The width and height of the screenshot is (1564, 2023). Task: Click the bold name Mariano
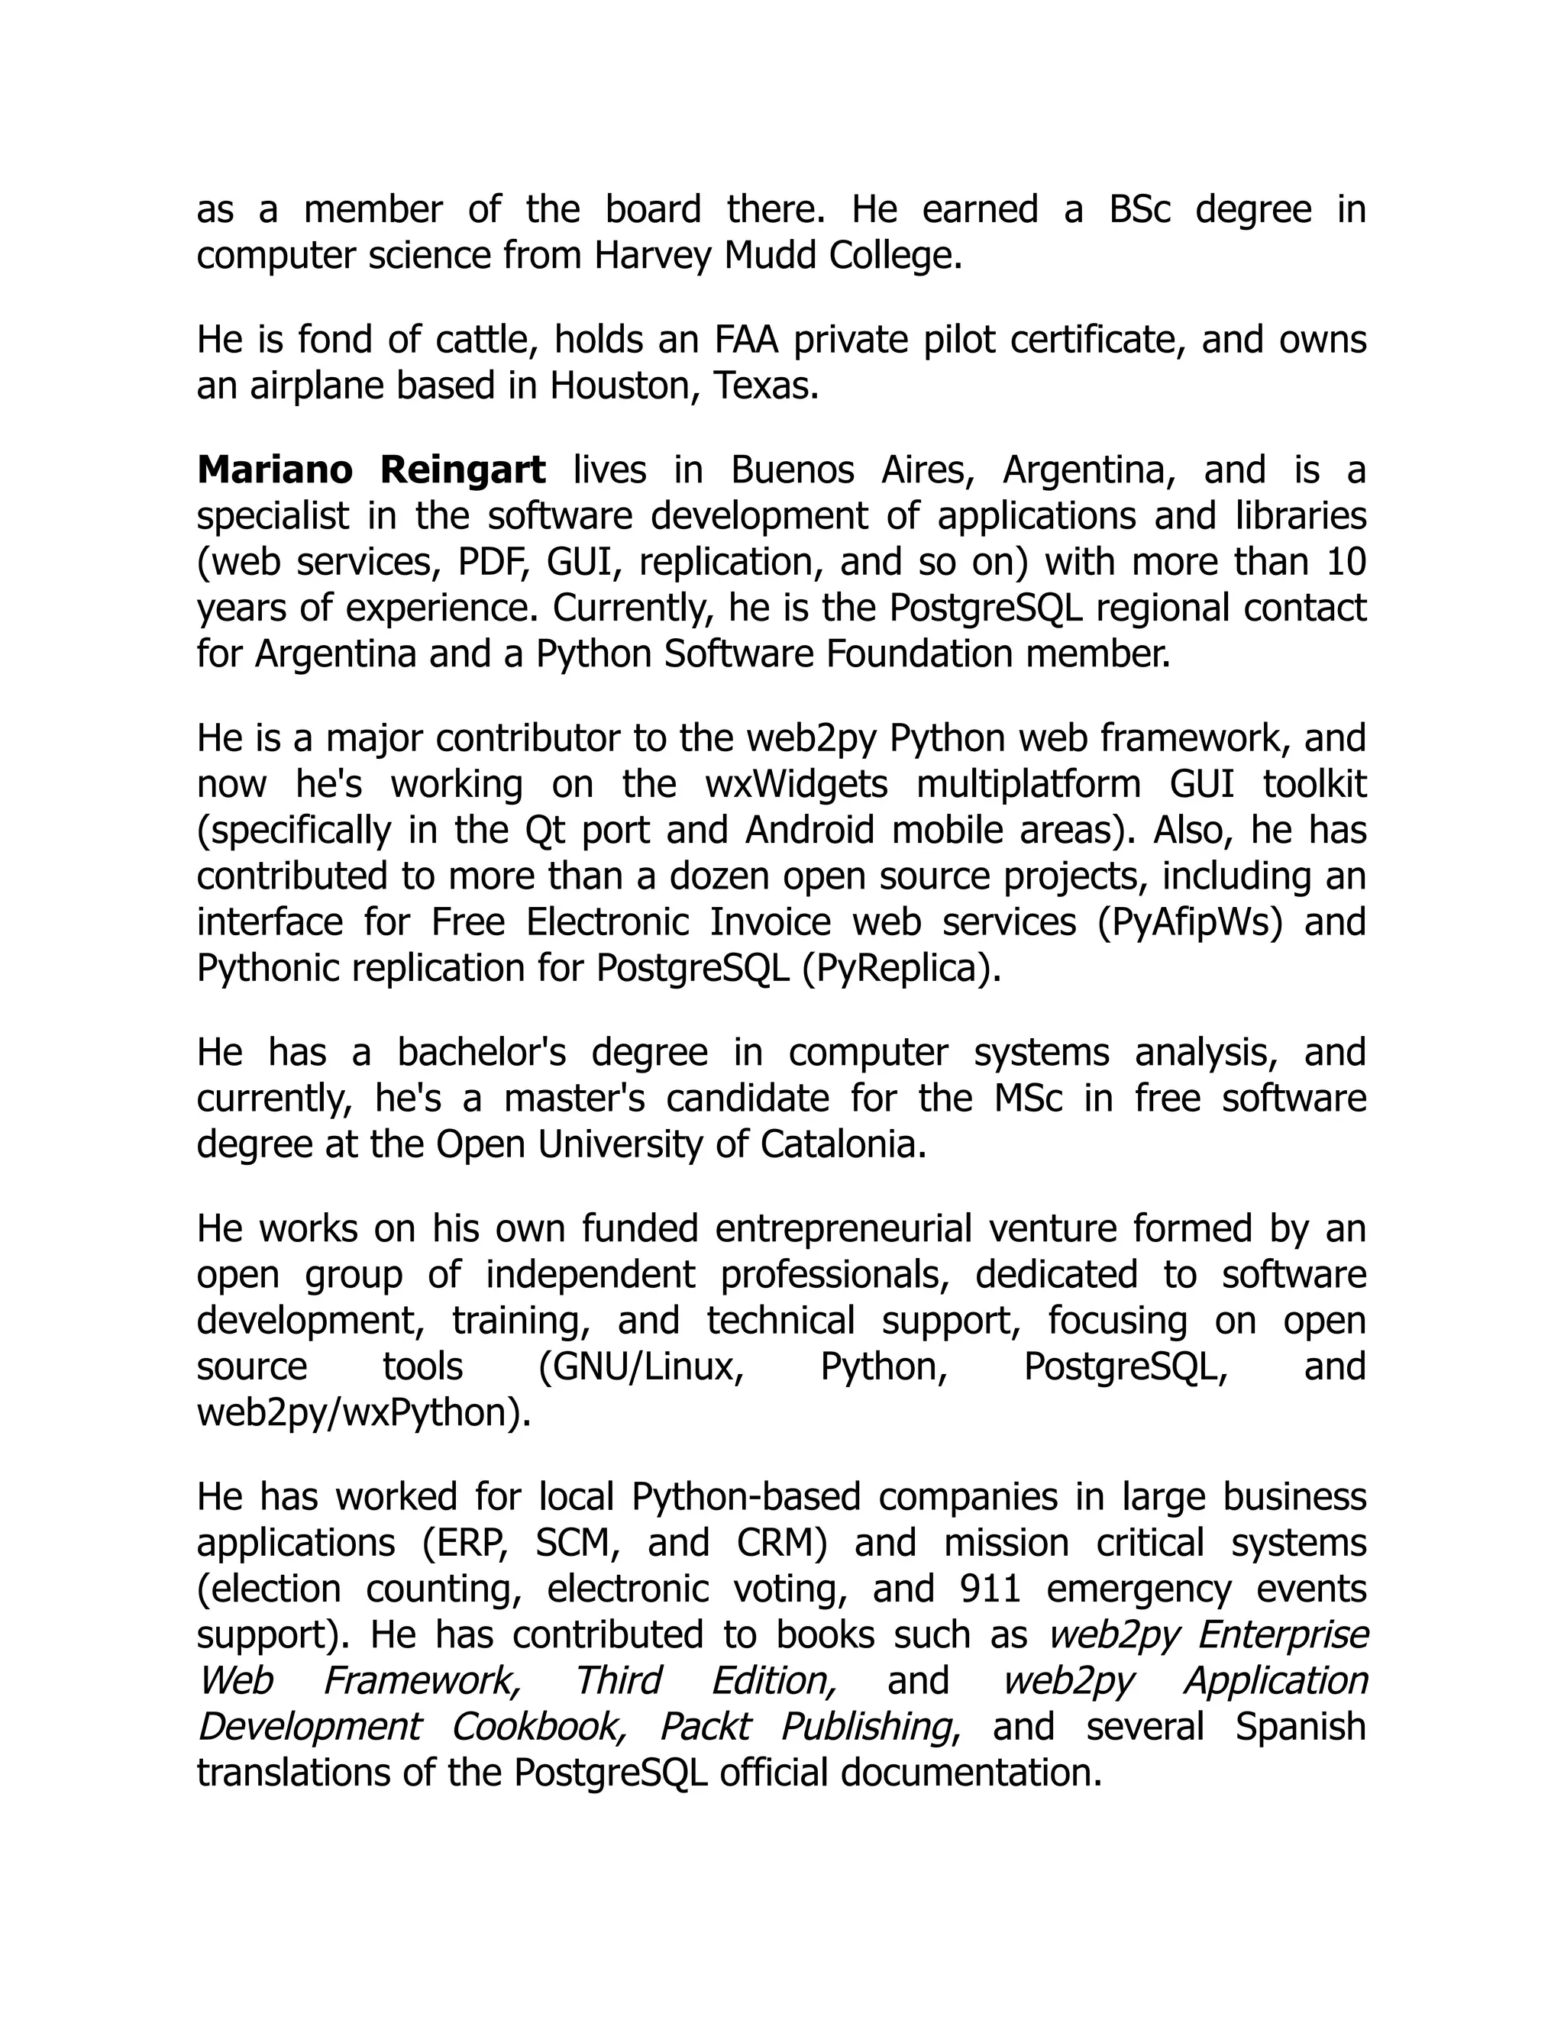point(274,470)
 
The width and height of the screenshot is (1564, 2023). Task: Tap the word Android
point(809,830)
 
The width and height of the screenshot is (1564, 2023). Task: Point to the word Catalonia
point(842,1145)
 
